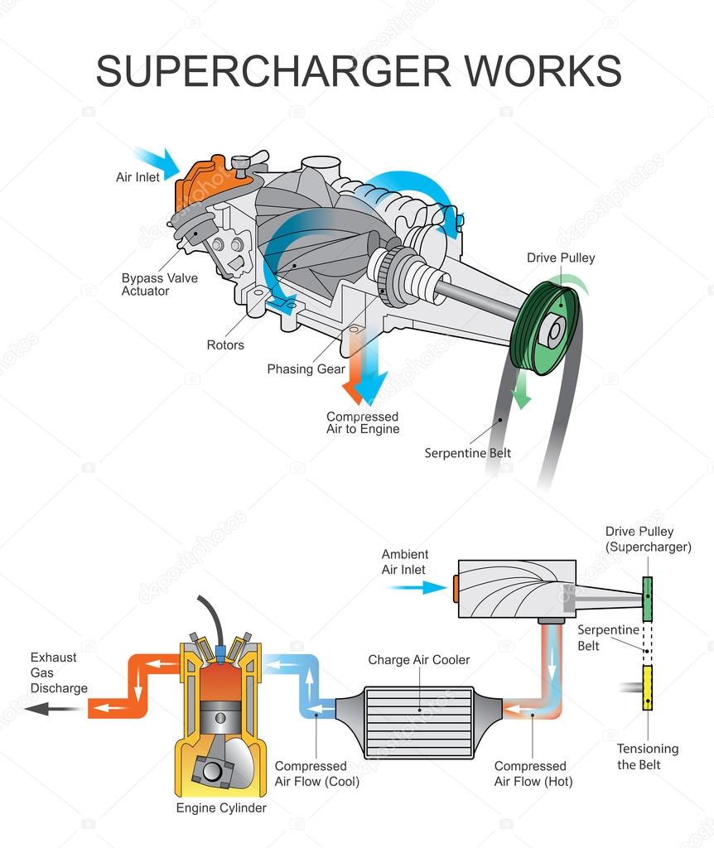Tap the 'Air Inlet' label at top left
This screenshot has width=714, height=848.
(138, 177)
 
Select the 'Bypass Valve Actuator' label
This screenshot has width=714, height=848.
(160, 284)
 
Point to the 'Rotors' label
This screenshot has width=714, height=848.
(225, 344)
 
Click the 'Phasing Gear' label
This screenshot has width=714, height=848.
(306, 369)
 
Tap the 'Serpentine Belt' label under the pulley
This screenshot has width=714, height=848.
(468, 453)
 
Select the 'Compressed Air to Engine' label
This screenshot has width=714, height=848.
(362, 422)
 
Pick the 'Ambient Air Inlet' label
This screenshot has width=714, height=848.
(405, 561)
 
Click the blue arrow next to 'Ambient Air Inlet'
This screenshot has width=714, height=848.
(418, 587)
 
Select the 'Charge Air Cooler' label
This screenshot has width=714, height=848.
(418, 660)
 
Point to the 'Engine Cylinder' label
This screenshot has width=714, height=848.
(221, 807)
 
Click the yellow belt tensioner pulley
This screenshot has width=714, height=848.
(648, 687)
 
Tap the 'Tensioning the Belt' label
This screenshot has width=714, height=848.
(648, 756)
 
